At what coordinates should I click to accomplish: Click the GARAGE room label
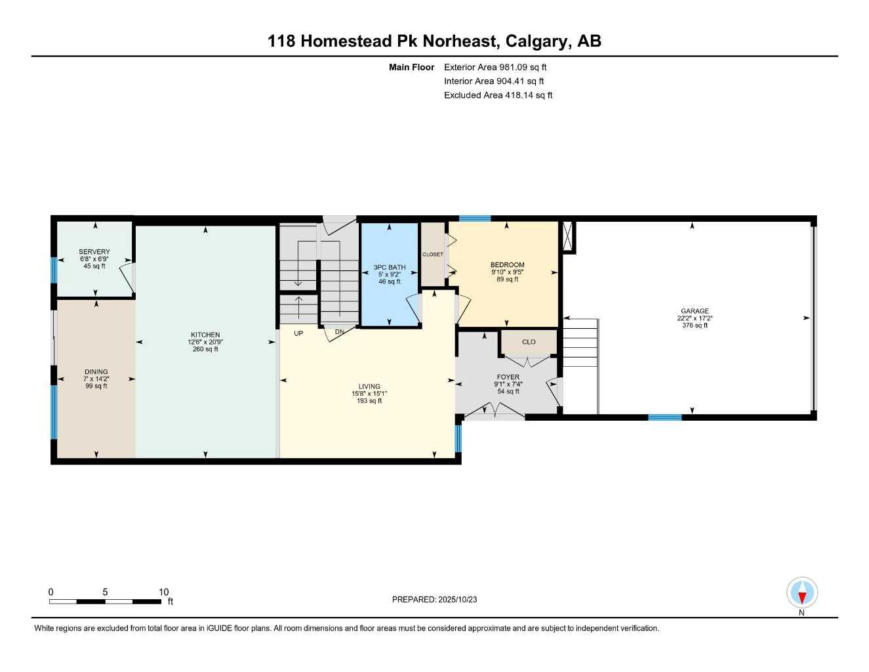point(694,311)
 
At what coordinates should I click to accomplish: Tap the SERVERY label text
point(94,252)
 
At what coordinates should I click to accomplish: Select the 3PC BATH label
point(390,267)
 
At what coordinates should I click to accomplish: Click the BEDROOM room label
point(507,265)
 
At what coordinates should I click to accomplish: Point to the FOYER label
point(508,377)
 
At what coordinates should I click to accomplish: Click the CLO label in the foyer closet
point(529,342)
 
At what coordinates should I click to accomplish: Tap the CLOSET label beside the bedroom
point(432,255)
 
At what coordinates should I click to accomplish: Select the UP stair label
point(298,333)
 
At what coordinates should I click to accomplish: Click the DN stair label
point(339,332)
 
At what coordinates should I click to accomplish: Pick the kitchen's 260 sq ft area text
point(205,349)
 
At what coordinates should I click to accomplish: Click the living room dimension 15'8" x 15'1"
point(369,394)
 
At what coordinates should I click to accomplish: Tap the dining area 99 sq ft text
point(96,386)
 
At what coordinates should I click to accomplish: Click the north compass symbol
point(801,594)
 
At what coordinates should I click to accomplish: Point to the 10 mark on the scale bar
point(163,592)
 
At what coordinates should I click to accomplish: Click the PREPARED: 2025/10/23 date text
point(434,599)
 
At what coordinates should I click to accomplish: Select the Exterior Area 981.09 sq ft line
point(495,67)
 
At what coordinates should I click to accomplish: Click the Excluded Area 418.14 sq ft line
point(498,95)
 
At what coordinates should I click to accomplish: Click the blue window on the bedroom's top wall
point(474,219)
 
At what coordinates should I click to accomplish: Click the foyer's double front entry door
point(495,413)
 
